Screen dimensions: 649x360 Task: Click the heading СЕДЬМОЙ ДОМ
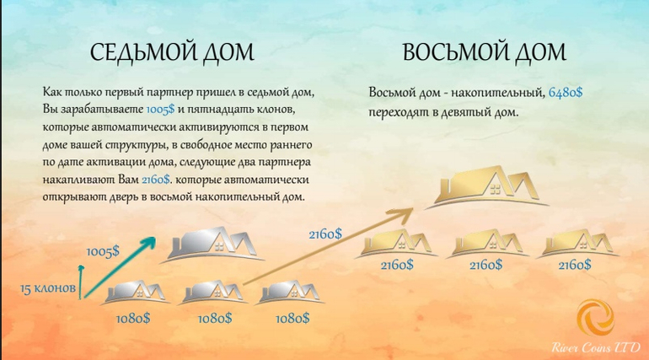click(x=172, y=52)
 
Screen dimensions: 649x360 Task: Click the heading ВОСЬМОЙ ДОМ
click(x=485, y=52)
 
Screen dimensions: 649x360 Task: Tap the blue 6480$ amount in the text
click(x=566, y=92)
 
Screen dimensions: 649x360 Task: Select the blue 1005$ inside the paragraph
click(x=161, y=110)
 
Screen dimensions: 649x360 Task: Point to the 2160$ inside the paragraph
click(x=156, y=180)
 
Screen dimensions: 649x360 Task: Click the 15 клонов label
click(x=48, y=288)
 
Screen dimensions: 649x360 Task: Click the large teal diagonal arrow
click(x=120, y=267)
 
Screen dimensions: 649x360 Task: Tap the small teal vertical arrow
click(x=82, y=282)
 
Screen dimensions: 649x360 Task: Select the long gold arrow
click(x=327, y=247)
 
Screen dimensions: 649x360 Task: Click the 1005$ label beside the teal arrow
click(x=103, y=251)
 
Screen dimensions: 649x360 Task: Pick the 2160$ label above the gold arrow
click(x=325, y=234)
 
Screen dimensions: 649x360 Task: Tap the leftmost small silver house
click(x=136, y=293)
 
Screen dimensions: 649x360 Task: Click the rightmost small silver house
click(x=290, y=293)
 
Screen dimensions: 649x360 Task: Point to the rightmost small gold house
click(x=578, y=244)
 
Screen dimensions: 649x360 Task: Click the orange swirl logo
click(x=596, y=317)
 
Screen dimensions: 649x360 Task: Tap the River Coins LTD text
click(x=596, y=347)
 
